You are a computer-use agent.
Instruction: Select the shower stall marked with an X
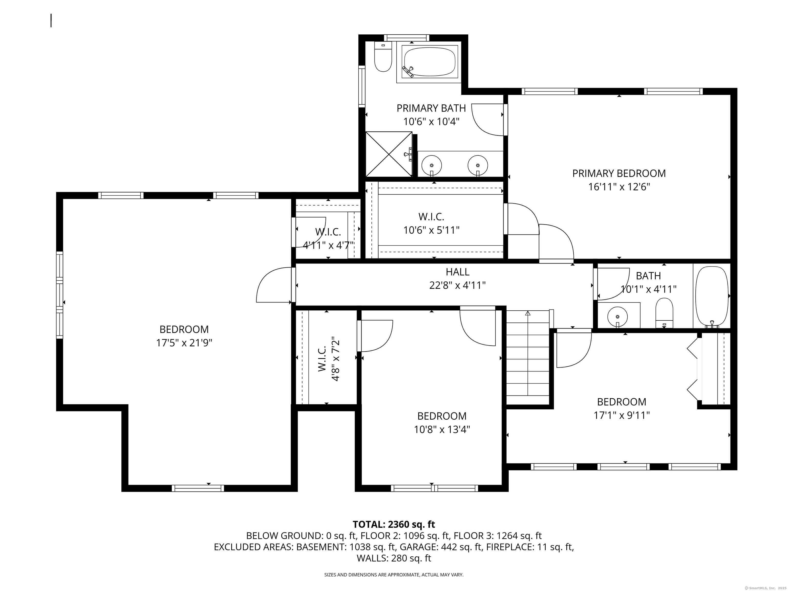pyautogui.click(x=389, y=154)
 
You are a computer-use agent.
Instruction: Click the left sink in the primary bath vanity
pyautogui.click(x=431, y=165)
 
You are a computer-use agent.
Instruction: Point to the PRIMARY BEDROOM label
pyautogui.click(x=619, y=173)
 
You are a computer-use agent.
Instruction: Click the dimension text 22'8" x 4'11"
pyautogui.click(x=457, y=285)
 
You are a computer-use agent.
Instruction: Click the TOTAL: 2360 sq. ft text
pyautogui.click(x=394, y=524)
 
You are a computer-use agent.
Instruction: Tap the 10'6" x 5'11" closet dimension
pyautogui.click(x=431, y=230)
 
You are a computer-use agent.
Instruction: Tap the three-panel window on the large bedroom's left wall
pyautogui.click(x=60, y=295)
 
